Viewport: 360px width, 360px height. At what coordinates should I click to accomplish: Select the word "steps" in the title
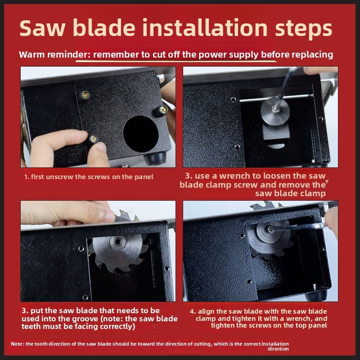[303, 29]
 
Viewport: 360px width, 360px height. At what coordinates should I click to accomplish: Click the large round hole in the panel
[141, 134]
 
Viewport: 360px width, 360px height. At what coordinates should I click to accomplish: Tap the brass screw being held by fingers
[93, 139]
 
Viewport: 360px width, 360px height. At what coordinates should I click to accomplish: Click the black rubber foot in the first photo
[155, 158]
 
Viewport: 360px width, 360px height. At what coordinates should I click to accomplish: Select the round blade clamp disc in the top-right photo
[275, 111]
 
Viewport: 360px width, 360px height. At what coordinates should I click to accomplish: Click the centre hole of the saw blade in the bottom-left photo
[118, 241]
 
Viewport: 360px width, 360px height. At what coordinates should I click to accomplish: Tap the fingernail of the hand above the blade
[108, 216]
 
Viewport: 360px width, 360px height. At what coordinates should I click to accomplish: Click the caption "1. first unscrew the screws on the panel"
[89, 177]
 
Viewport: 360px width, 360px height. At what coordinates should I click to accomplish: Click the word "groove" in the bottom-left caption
[85, 319]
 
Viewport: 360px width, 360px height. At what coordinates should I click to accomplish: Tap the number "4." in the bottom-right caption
[193, 311]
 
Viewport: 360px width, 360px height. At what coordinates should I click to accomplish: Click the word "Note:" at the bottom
[18, 344]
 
